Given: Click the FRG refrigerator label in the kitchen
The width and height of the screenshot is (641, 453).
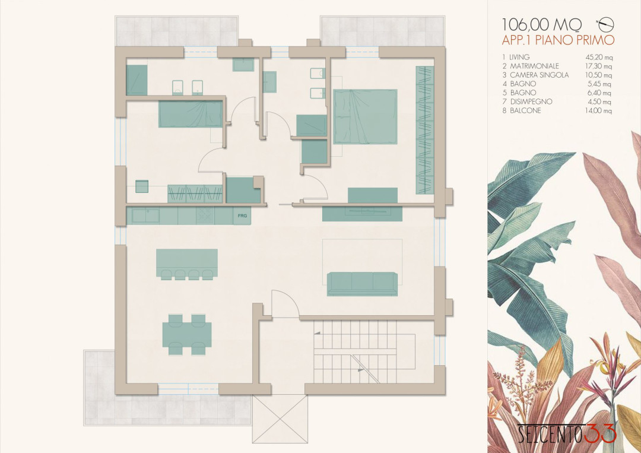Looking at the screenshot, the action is pyautogui.click(x=242, y=216).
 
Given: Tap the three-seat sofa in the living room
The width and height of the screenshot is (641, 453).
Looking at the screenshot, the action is pyautogui.click(x=362, y=284).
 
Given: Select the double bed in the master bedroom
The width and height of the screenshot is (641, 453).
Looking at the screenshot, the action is pyautogui.click(x=366, y=117).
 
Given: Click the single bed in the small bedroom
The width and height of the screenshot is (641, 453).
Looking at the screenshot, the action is pyautogui.click(x=191, y=113).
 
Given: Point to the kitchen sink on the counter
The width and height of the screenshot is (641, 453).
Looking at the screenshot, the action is pyautogui.click(x=145, y=216).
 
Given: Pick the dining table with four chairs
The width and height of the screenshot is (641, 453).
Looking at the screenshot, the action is pyautogui.click(x=187, y=334).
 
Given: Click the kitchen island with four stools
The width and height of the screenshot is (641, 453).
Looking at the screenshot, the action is pyautogui.click(x=187, y=264).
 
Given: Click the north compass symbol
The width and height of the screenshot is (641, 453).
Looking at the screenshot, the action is pyautogui.click(x=605, y=24).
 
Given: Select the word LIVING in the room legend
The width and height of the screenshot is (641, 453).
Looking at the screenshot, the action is pyautogui.click(x=519, y=57).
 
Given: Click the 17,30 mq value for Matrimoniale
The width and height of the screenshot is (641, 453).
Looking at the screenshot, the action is pyautogui.click(x=599, y=66).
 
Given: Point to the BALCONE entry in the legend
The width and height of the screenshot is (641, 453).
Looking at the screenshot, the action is pyautogui.click(x=525, y=110).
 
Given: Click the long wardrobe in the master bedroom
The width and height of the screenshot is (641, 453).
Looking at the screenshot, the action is pyautogui.click(x=425, y=129).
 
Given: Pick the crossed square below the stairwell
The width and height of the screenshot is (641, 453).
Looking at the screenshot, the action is pyautogui.click(x=280, y=419).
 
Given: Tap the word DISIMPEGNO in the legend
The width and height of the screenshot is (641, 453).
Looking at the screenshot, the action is pyautogui.click(x=531, y=102).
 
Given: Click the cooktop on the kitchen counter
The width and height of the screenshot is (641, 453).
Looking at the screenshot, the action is pyautogui.click(x=205, y=216).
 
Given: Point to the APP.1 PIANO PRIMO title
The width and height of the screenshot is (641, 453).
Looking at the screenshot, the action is pyautogui.click(x=558, y=40).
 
